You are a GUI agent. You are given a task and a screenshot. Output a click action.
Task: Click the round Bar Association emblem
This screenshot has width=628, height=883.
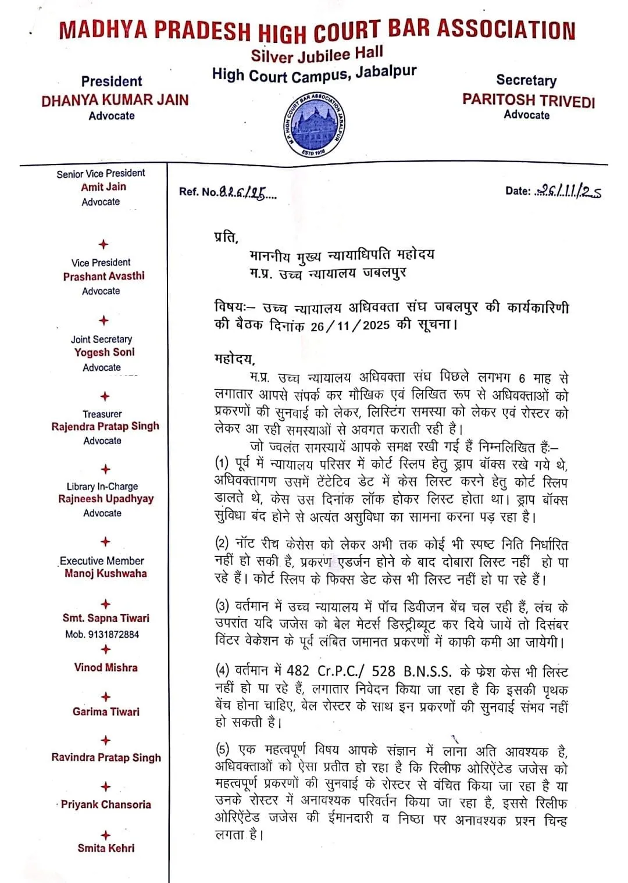pos(314,126)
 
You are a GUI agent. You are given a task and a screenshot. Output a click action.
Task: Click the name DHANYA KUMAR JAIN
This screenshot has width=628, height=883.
pos(115,100)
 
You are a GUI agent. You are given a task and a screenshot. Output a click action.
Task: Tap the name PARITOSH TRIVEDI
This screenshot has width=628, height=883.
pos(529,100)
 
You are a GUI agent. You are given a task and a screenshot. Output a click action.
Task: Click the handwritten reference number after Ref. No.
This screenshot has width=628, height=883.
pos(248,193)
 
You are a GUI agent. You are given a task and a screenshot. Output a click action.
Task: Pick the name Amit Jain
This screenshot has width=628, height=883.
pos(104,187)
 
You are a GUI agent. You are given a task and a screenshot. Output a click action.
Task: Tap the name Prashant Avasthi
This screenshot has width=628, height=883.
pos(104,276)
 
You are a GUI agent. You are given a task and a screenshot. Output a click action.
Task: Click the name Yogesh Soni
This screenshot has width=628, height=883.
pos(104,352)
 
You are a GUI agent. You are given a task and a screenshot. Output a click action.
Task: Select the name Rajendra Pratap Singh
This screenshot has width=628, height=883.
pos(105,426)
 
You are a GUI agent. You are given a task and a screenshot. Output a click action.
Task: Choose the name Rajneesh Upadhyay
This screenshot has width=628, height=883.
pos(106,499)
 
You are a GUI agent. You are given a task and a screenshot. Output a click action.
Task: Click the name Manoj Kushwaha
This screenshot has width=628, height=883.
pos(106,573)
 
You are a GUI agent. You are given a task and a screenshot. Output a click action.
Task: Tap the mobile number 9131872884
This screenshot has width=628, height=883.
pos(113,634)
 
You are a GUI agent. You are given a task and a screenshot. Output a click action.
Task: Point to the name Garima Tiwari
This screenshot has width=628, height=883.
pos(106,712)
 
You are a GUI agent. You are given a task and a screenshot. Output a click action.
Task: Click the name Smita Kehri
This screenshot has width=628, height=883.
pos(106,848)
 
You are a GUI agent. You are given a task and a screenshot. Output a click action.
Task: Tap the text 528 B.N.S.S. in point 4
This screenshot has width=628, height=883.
pos(412,671)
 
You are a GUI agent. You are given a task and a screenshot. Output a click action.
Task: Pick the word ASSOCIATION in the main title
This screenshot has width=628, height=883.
pos(506,29)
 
